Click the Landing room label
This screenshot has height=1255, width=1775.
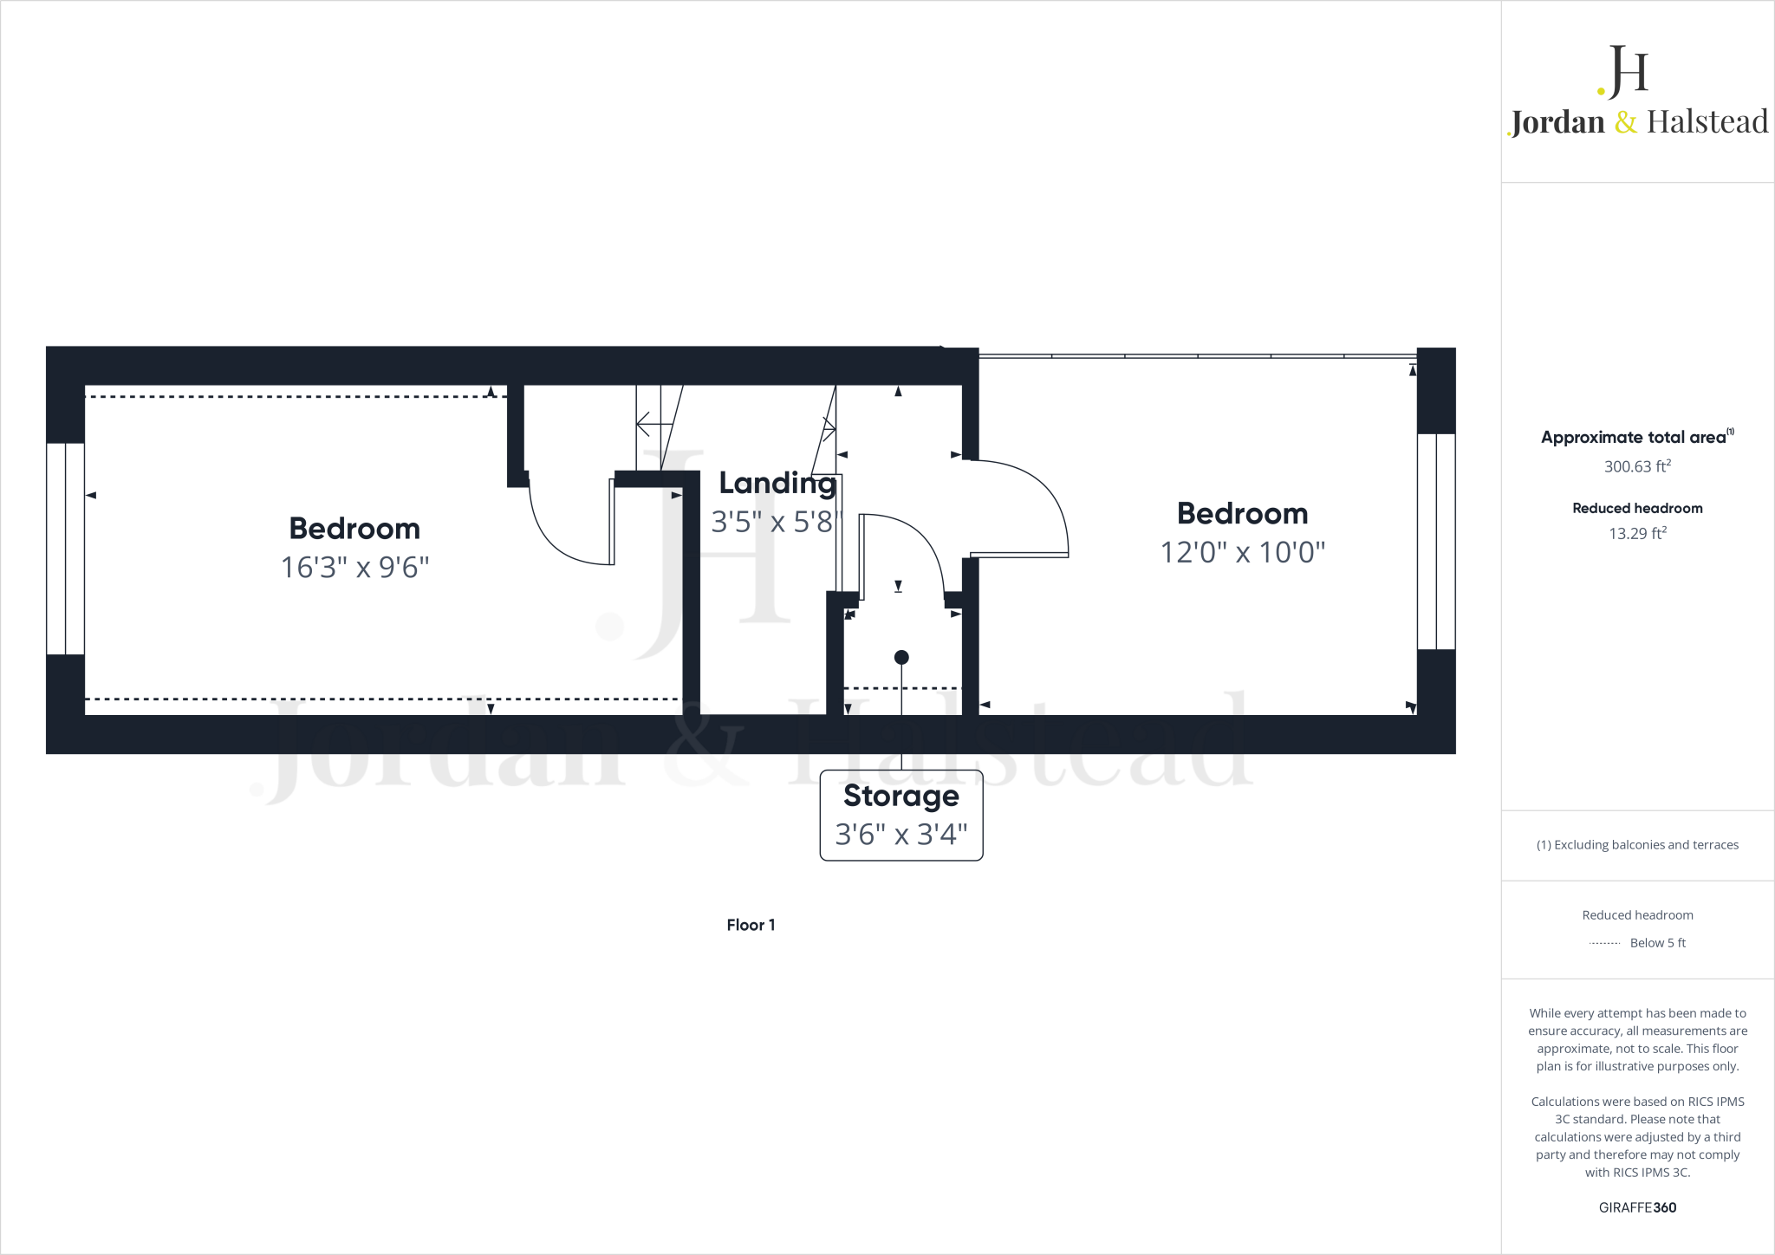click(x=777, y=484)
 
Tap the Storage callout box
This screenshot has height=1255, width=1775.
click(x=901, y=815)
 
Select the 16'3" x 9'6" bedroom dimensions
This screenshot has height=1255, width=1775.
click(x=354, y=568)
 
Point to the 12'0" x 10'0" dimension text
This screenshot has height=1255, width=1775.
click(x=1243, y=552)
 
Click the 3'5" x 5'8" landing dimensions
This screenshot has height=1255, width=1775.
click(x=775, y=522)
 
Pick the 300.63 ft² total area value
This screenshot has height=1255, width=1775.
click(x=1637, y=466)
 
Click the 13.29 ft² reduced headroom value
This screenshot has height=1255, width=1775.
click(x=1637, y=533)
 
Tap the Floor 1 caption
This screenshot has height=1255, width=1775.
click(x=751, y=925)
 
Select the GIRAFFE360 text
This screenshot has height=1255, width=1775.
click(x=1637, y=1207)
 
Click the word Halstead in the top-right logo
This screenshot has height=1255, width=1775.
click(x=1707, y=122)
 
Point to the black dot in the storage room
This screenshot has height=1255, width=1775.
click(x=901, y=658)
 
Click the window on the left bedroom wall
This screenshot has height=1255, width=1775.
click(x=65, y=549)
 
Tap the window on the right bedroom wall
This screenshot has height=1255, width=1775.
click(x=1436, y=542)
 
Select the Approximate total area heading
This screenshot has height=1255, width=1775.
click(x=1635, y=438)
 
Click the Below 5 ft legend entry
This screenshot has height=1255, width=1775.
click(x=1656, y=943)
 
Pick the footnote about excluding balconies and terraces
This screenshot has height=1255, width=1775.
click(x=1637, y=845)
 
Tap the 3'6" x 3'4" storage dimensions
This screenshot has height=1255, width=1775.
click(x=901, y=834)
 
